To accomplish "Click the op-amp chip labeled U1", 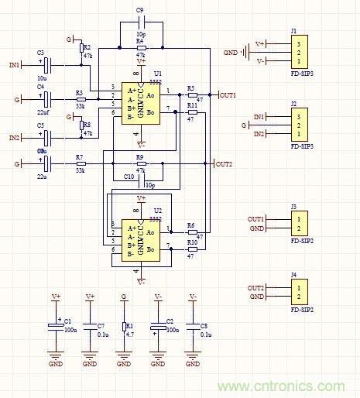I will [140, 105].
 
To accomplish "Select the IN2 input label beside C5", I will [15, 138].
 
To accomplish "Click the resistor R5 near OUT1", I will [191, 95].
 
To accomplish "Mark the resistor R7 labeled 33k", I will [79, 164].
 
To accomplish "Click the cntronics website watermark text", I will [282, 386].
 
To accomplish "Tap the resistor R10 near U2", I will [191, 250].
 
